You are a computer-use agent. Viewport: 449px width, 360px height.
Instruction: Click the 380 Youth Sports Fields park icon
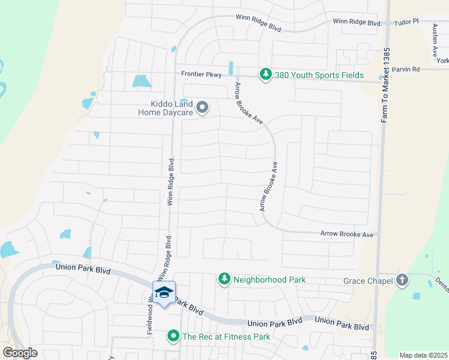[x=265, y=74]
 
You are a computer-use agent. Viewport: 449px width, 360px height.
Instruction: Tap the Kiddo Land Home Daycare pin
[x=202, y=108]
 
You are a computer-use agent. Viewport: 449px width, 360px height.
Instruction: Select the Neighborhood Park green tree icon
[x=224, y=279]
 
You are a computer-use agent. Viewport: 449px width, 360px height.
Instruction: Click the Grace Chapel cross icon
[x=402, y=280]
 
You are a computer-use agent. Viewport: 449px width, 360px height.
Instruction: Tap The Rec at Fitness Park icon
[x=173, y=336]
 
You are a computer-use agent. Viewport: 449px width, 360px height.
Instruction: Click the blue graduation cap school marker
[x=164, y=293]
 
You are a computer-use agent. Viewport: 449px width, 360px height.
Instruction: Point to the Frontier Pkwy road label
[x=202, y=74]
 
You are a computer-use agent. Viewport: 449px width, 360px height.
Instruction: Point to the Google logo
[x=20, y=353]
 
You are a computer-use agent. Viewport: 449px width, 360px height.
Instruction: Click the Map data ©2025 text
[x=423, y=355]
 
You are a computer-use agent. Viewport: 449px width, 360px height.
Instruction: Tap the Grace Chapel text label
[x=368, y=281]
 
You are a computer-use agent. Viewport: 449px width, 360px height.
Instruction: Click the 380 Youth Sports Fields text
[x=319, y=75]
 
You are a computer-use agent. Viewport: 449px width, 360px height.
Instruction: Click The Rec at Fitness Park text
[x=227, y=337]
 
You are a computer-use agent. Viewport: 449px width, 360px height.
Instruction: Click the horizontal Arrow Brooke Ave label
[x=347, y=234]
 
